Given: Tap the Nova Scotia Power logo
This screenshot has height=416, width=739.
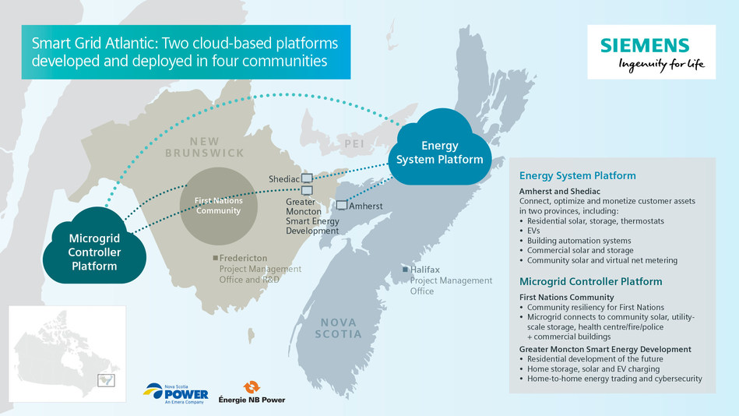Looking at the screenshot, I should coord(175,391).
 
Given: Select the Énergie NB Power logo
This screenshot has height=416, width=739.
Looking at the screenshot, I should coord(252,392).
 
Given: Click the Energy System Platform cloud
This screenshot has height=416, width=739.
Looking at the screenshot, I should coord(440,152).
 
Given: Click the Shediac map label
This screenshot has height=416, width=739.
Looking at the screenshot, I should coord(283,179).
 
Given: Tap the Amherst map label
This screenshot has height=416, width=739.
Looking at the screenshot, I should coord(366,206).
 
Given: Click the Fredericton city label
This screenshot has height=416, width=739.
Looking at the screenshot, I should coord(244,258).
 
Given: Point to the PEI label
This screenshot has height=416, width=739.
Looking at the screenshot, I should coord(354,143).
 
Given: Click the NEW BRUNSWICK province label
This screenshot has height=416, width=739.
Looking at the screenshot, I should coord(205,147).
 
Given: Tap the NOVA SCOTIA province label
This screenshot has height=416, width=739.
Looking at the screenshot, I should coord(339,328).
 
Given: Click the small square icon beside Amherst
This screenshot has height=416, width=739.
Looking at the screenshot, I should coord(342,206).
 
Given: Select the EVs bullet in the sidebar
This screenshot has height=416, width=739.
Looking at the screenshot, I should coord(535,231).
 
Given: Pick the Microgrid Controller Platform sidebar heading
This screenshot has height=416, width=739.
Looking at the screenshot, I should coord(590,281).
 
